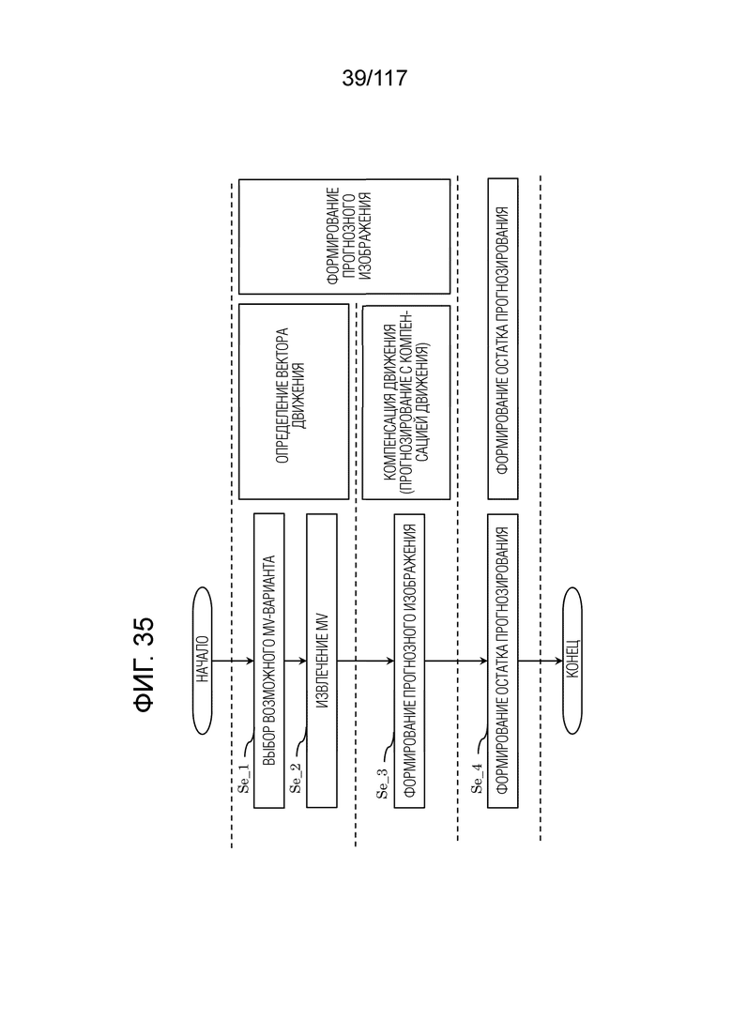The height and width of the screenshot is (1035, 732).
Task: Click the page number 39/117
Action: pyautogui.click(x=374, y=79)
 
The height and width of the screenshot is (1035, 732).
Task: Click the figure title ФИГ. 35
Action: pyautogui.click(x=144, y=664)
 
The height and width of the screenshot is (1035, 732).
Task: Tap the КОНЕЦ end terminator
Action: pyautogui.click(x=572, y=661)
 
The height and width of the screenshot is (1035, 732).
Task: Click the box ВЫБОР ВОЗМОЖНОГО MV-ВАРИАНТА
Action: pyautogui.click(x=268, y=660)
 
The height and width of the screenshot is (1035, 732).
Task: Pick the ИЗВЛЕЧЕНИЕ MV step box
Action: pyautogui.click(x=322, y=660)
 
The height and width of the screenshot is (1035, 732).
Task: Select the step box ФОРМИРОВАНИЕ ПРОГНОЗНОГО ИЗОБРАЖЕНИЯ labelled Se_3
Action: pyautogui.click(x=409, y=660)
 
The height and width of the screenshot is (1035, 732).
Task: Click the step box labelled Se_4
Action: pyautogui.click(x=503, y=660)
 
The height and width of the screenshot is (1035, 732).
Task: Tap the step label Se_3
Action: pyautogui.click(x=383, y=784)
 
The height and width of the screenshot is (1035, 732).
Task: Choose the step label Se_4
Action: pyautogui.click(x=477, y=778)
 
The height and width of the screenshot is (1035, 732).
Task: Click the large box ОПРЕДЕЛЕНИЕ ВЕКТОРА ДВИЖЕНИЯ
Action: pyautogui.click(x=294, y=402)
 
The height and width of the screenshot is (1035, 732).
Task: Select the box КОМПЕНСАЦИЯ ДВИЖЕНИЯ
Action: pyautogui.click(x=406, y=402)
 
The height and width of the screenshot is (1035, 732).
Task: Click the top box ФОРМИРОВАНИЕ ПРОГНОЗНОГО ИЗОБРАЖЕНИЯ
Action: pyautogui.click(x=343, y=236)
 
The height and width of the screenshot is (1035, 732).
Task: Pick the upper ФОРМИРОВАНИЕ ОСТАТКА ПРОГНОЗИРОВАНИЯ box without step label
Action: pyautogui.click(x=503, y=339)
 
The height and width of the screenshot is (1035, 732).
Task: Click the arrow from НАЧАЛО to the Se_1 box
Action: pyautogui.click(x=234, y=661)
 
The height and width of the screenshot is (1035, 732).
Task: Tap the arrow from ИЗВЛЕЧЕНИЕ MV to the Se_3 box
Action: pyautogui.click(x=366, y=661)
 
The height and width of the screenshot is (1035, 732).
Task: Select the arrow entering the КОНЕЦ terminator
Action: pyautogui.click(x=541, y=661)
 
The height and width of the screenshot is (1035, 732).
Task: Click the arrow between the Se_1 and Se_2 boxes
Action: pyautogui.click(x=296, y=661)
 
